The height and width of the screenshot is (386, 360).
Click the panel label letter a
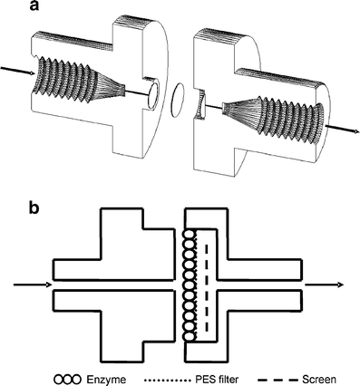coord(34,6)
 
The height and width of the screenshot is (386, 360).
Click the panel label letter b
coord(34,207)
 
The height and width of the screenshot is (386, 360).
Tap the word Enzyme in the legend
coord(106,379)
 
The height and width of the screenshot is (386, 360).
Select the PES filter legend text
coord(216,379)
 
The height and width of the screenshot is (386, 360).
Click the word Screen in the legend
coord(319,379)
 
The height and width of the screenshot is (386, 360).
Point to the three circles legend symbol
coord(68,379)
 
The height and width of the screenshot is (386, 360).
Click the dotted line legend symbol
coord(167,379)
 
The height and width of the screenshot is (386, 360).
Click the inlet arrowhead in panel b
coord(48,285)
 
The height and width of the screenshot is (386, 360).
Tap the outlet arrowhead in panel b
coord(340,285)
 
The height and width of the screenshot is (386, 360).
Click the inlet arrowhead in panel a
coord(32,73)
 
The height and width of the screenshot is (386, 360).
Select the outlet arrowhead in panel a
coord(356,131)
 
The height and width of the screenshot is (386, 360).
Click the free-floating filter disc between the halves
coord(178,101)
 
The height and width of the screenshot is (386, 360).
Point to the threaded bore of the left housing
coord(77,78)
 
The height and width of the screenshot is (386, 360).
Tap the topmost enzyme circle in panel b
coord(190,236)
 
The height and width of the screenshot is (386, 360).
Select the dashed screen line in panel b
coord(207,287)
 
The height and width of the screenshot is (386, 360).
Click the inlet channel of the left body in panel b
coord(114,285)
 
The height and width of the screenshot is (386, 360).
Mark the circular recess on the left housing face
coord(153,94)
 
